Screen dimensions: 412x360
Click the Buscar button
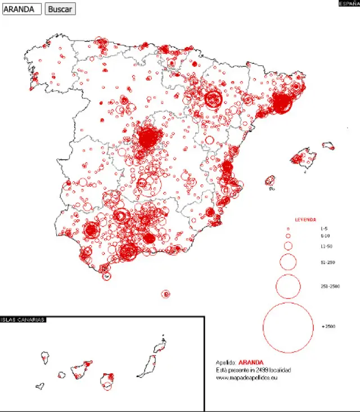point(60,9)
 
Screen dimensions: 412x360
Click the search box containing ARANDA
point(22,9)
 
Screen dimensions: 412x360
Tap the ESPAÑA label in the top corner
point(349,3)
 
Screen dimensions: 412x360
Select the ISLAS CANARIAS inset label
point(23,320)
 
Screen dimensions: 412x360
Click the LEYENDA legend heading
point(305,220)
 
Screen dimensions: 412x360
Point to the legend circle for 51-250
point(288,261)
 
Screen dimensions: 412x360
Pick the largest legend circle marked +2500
point(288,327)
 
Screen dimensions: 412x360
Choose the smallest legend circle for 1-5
point(288,229)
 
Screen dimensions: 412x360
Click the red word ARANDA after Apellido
point(251,363)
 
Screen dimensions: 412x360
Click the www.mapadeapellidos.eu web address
point(246,377)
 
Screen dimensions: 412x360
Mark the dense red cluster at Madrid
point(147,137)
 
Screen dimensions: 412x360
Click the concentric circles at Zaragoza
point(213,99)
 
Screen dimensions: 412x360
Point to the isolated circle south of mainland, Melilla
point(165,294)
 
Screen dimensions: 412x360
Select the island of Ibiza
point(270,181)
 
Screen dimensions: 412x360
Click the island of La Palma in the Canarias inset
point(45,358)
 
